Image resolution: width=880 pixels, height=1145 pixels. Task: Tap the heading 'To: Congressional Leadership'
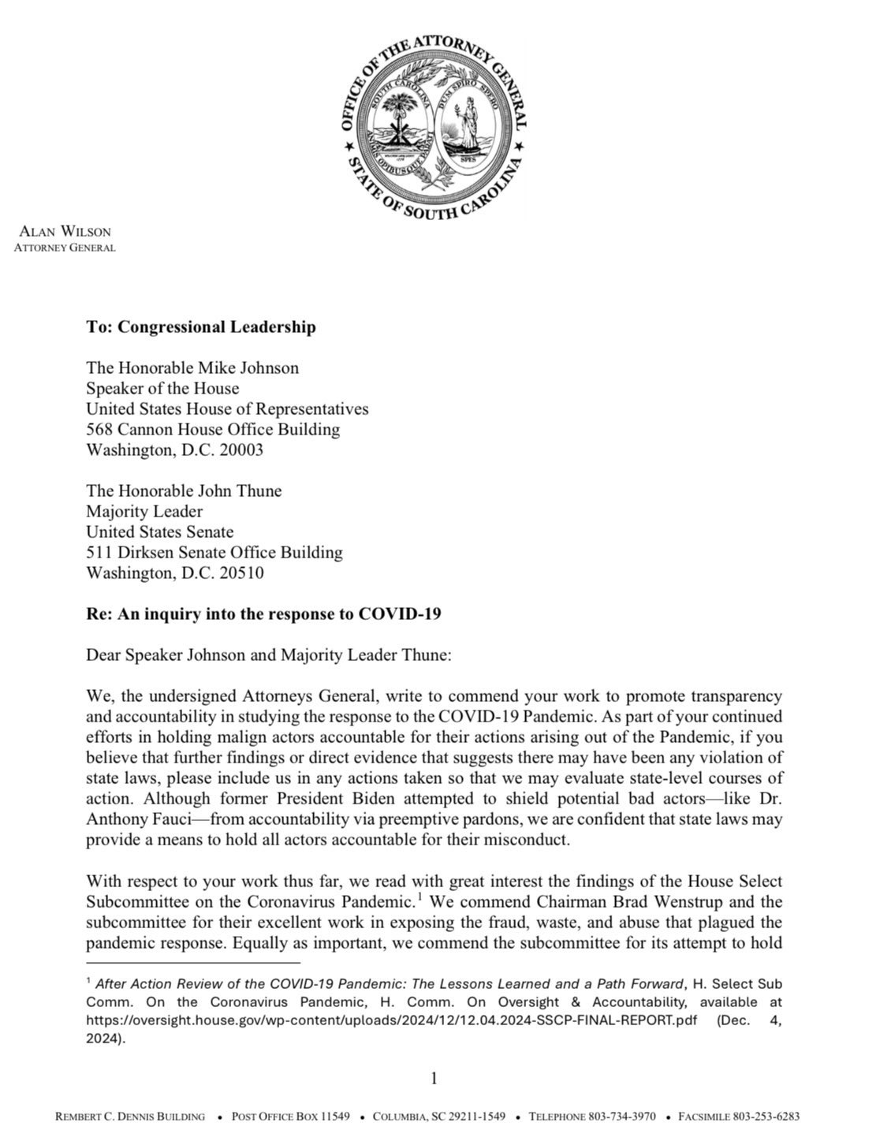201,326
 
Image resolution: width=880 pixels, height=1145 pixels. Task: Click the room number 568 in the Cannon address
100,430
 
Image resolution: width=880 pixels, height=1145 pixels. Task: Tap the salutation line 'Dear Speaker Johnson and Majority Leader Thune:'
268,656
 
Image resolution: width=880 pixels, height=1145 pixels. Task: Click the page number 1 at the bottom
434,1079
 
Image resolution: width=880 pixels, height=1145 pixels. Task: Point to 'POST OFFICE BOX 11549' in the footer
290,1117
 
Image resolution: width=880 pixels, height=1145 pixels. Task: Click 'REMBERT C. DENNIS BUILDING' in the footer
130,1117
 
